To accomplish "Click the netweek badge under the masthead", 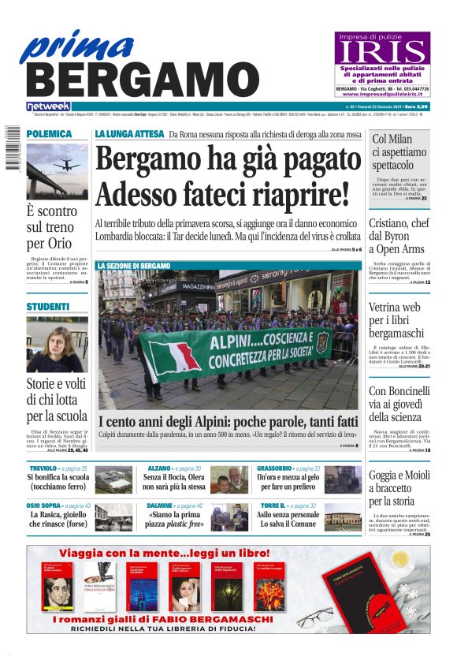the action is [x=48, y=106].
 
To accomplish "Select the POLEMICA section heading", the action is [x=49, y=134].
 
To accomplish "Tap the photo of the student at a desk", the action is [x=57, y=345].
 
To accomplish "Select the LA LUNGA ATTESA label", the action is [x=129, y=134].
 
